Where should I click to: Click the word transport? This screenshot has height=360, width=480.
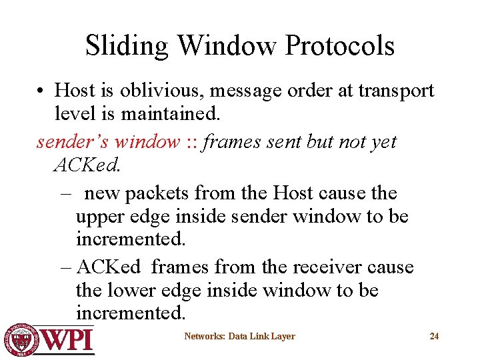point(394,90)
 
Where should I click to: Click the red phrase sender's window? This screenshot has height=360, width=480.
point(108,141)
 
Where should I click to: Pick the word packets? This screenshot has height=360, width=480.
point(158,193)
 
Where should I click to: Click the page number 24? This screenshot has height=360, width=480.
point(434,337)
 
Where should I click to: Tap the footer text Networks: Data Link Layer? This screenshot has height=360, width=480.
point(239,337)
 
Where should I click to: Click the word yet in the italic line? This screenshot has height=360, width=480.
point(384,141)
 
